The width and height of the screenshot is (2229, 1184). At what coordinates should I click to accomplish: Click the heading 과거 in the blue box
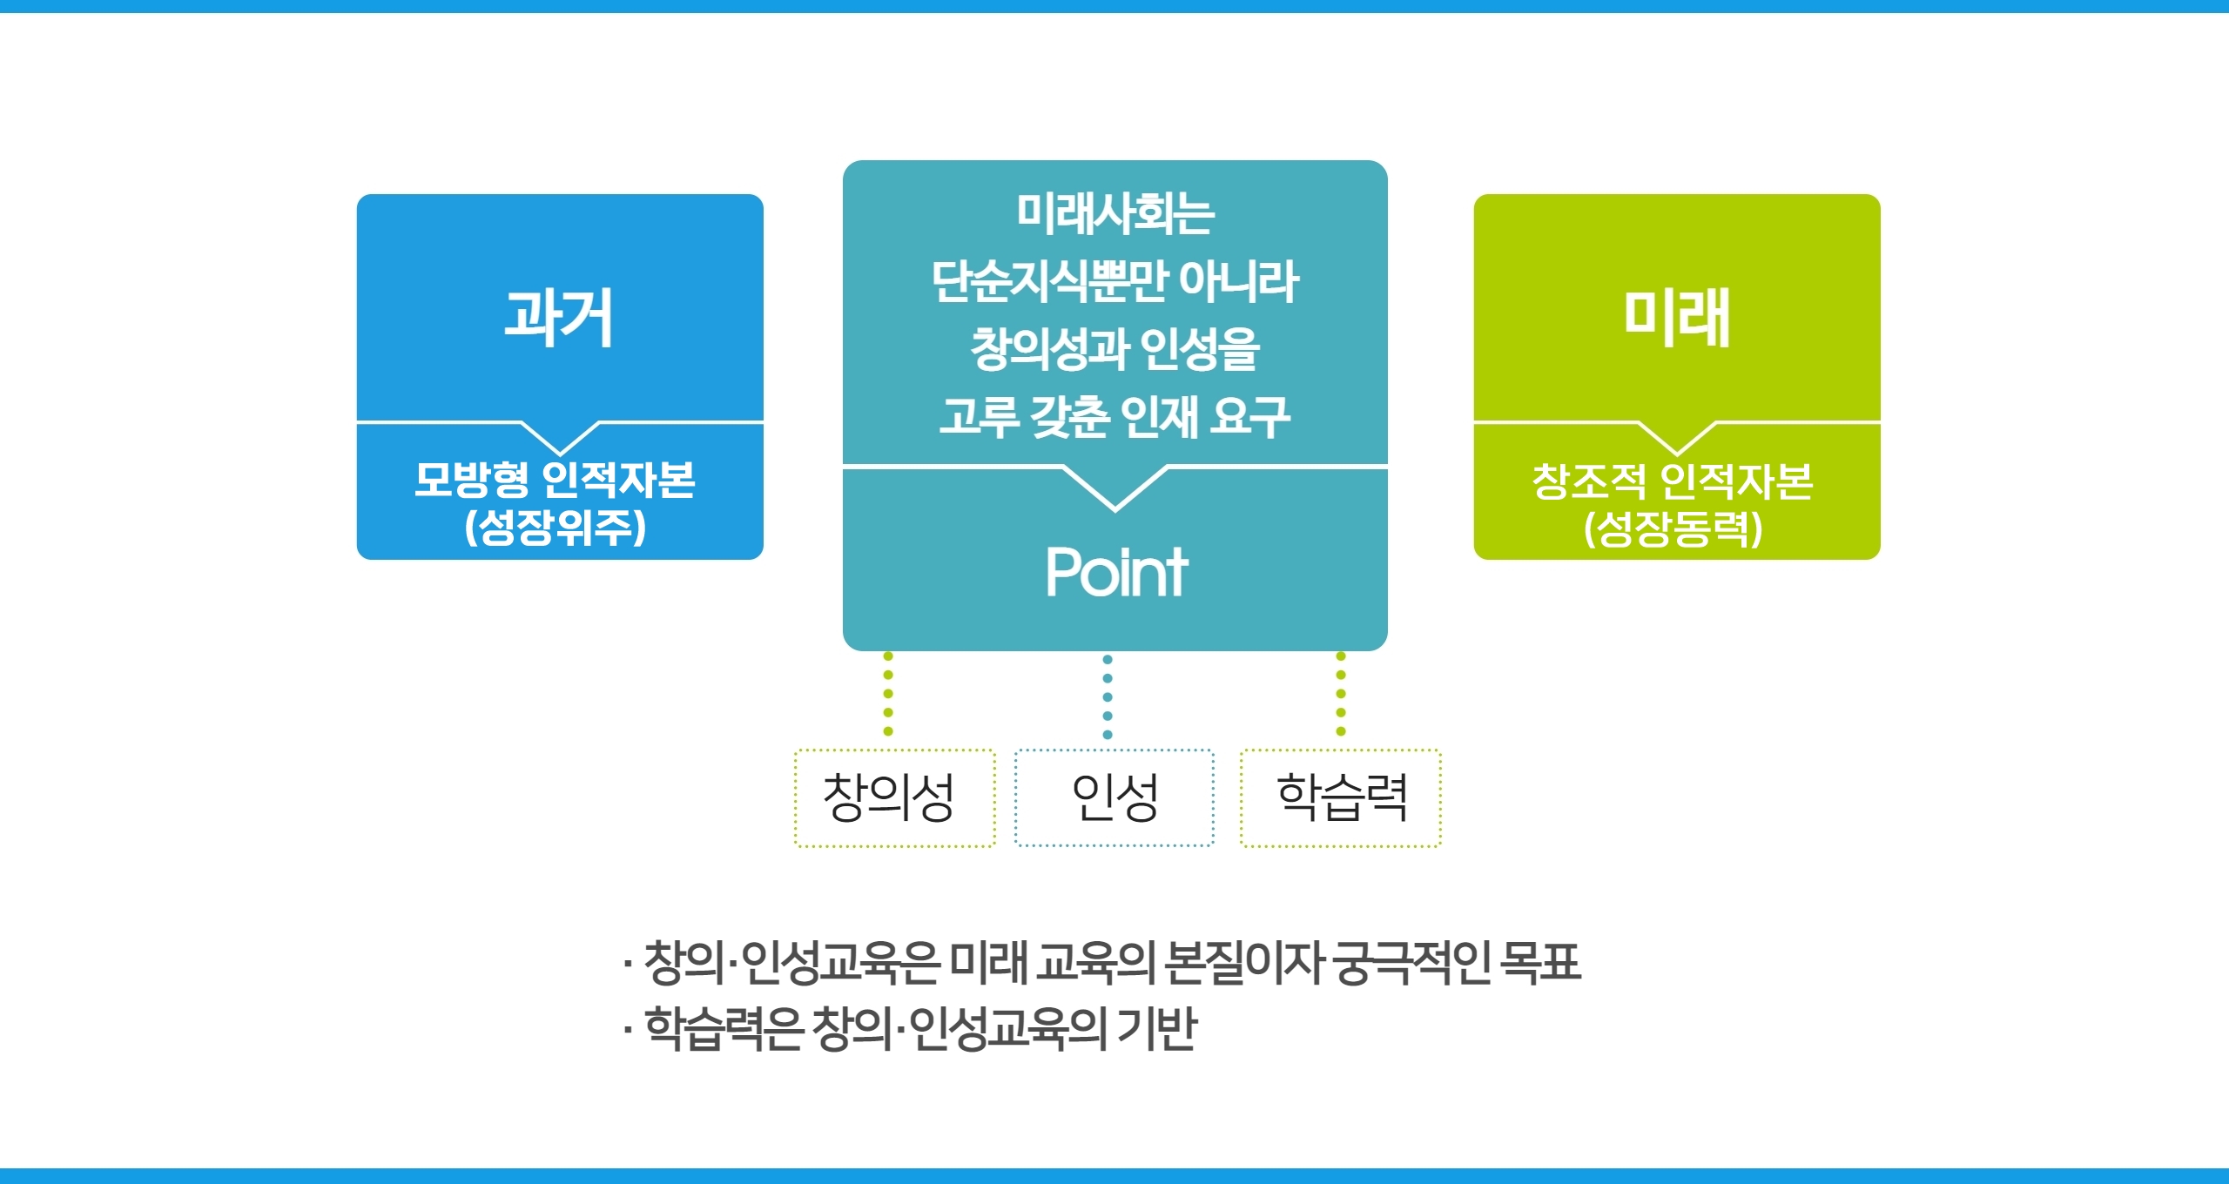click(559, 317)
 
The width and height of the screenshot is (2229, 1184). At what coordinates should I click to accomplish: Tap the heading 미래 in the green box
click(1677, 317)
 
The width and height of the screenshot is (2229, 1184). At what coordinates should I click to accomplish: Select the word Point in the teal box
click(1116, 572)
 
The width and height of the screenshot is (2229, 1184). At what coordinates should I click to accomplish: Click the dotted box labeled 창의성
click(894, 797)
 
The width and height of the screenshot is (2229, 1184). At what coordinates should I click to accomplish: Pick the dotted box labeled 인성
click(1114, 797)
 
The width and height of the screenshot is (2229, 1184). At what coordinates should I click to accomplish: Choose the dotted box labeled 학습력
click(1341, 797)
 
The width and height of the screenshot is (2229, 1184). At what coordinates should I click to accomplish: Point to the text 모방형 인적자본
click(555, 480)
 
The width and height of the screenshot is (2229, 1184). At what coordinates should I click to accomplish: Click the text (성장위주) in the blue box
click(556, 527)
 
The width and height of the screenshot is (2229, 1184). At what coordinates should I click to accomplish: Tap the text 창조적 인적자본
click(1673, 481)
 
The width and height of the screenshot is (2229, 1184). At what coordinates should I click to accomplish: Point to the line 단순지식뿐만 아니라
click(1115, 281)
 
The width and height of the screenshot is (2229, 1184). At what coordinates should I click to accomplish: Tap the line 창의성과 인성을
click(1115, 349)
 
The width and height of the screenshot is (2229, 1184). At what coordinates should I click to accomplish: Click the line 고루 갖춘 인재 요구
click(1115, 417)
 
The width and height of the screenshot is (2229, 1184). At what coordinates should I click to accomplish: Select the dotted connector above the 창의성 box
click(888, 694)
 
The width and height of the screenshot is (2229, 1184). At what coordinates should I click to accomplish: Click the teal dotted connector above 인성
click(1108, 696)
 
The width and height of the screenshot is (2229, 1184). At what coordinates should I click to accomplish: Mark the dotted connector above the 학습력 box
click(1341, 694)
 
